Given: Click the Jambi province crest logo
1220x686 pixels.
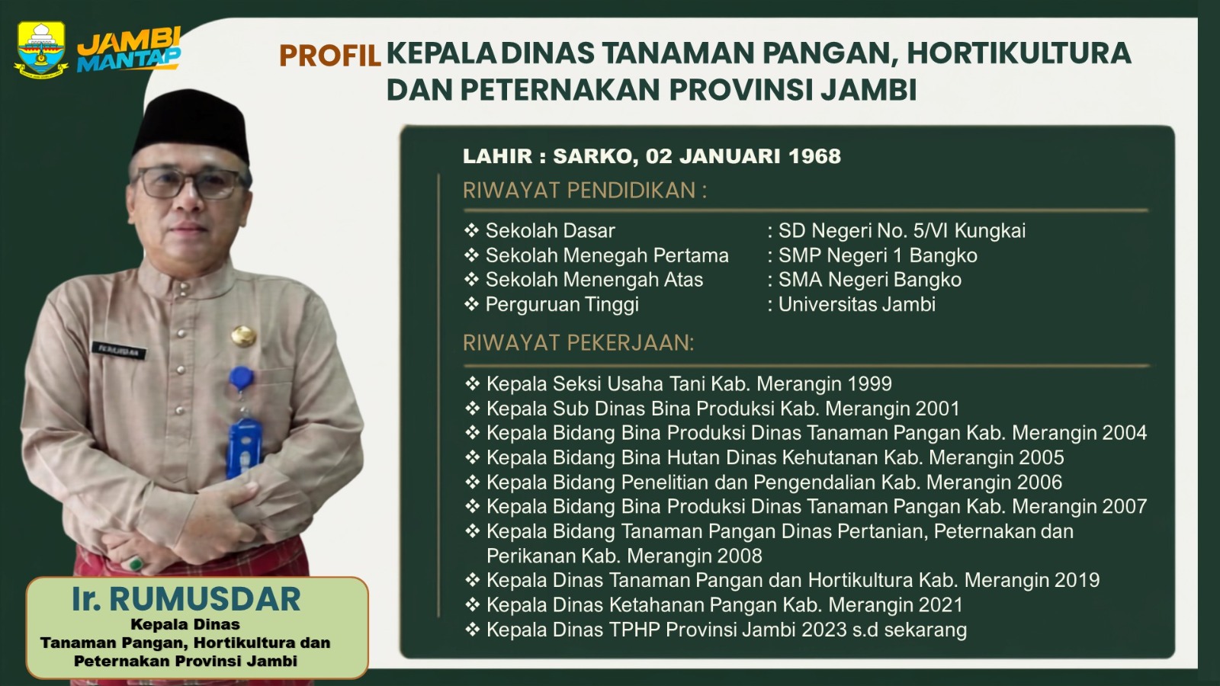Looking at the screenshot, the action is (x=41, y=49).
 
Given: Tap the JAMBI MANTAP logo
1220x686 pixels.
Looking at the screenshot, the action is (x=129, y=50).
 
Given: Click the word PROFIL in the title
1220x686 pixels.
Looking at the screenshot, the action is (x=330, y=56).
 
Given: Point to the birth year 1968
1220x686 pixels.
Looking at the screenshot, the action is (x=815, y=156).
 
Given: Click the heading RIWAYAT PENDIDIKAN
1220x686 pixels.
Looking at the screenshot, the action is (x=585, y=191).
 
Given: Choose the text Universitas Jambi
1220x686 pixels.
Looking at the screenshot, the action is (x=857, y=304).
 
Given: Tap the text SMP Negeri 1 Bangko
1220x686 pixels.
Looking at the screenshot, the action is (x=878, y=255).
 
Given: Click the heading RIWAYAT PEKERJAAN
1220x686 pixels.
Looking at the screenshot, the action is (x=579, y=343).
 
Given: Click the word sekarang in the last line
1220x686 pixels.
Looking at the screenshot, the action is (x=926, y=630).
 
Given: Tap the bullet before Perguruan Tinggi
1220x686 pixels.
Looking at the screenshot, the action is (x=471, y=304).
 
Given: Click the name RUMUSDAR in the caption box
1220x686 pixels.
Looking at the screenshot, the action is (x=205, y=599).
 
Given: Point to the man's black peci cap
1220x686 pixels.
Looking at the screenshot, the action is (x=191, y=127).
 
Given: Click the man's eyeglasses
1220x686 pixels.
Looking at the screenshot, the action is (x=188, y=183).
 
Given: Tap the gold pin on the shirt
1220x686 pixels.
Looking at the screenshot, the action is (x=243, y=336).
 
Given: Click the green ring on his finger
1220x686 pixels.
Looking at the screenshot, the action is (x=136, y=563).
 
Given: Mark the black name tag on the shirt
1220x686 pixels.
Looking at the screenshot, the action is (x=119, y=350).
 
